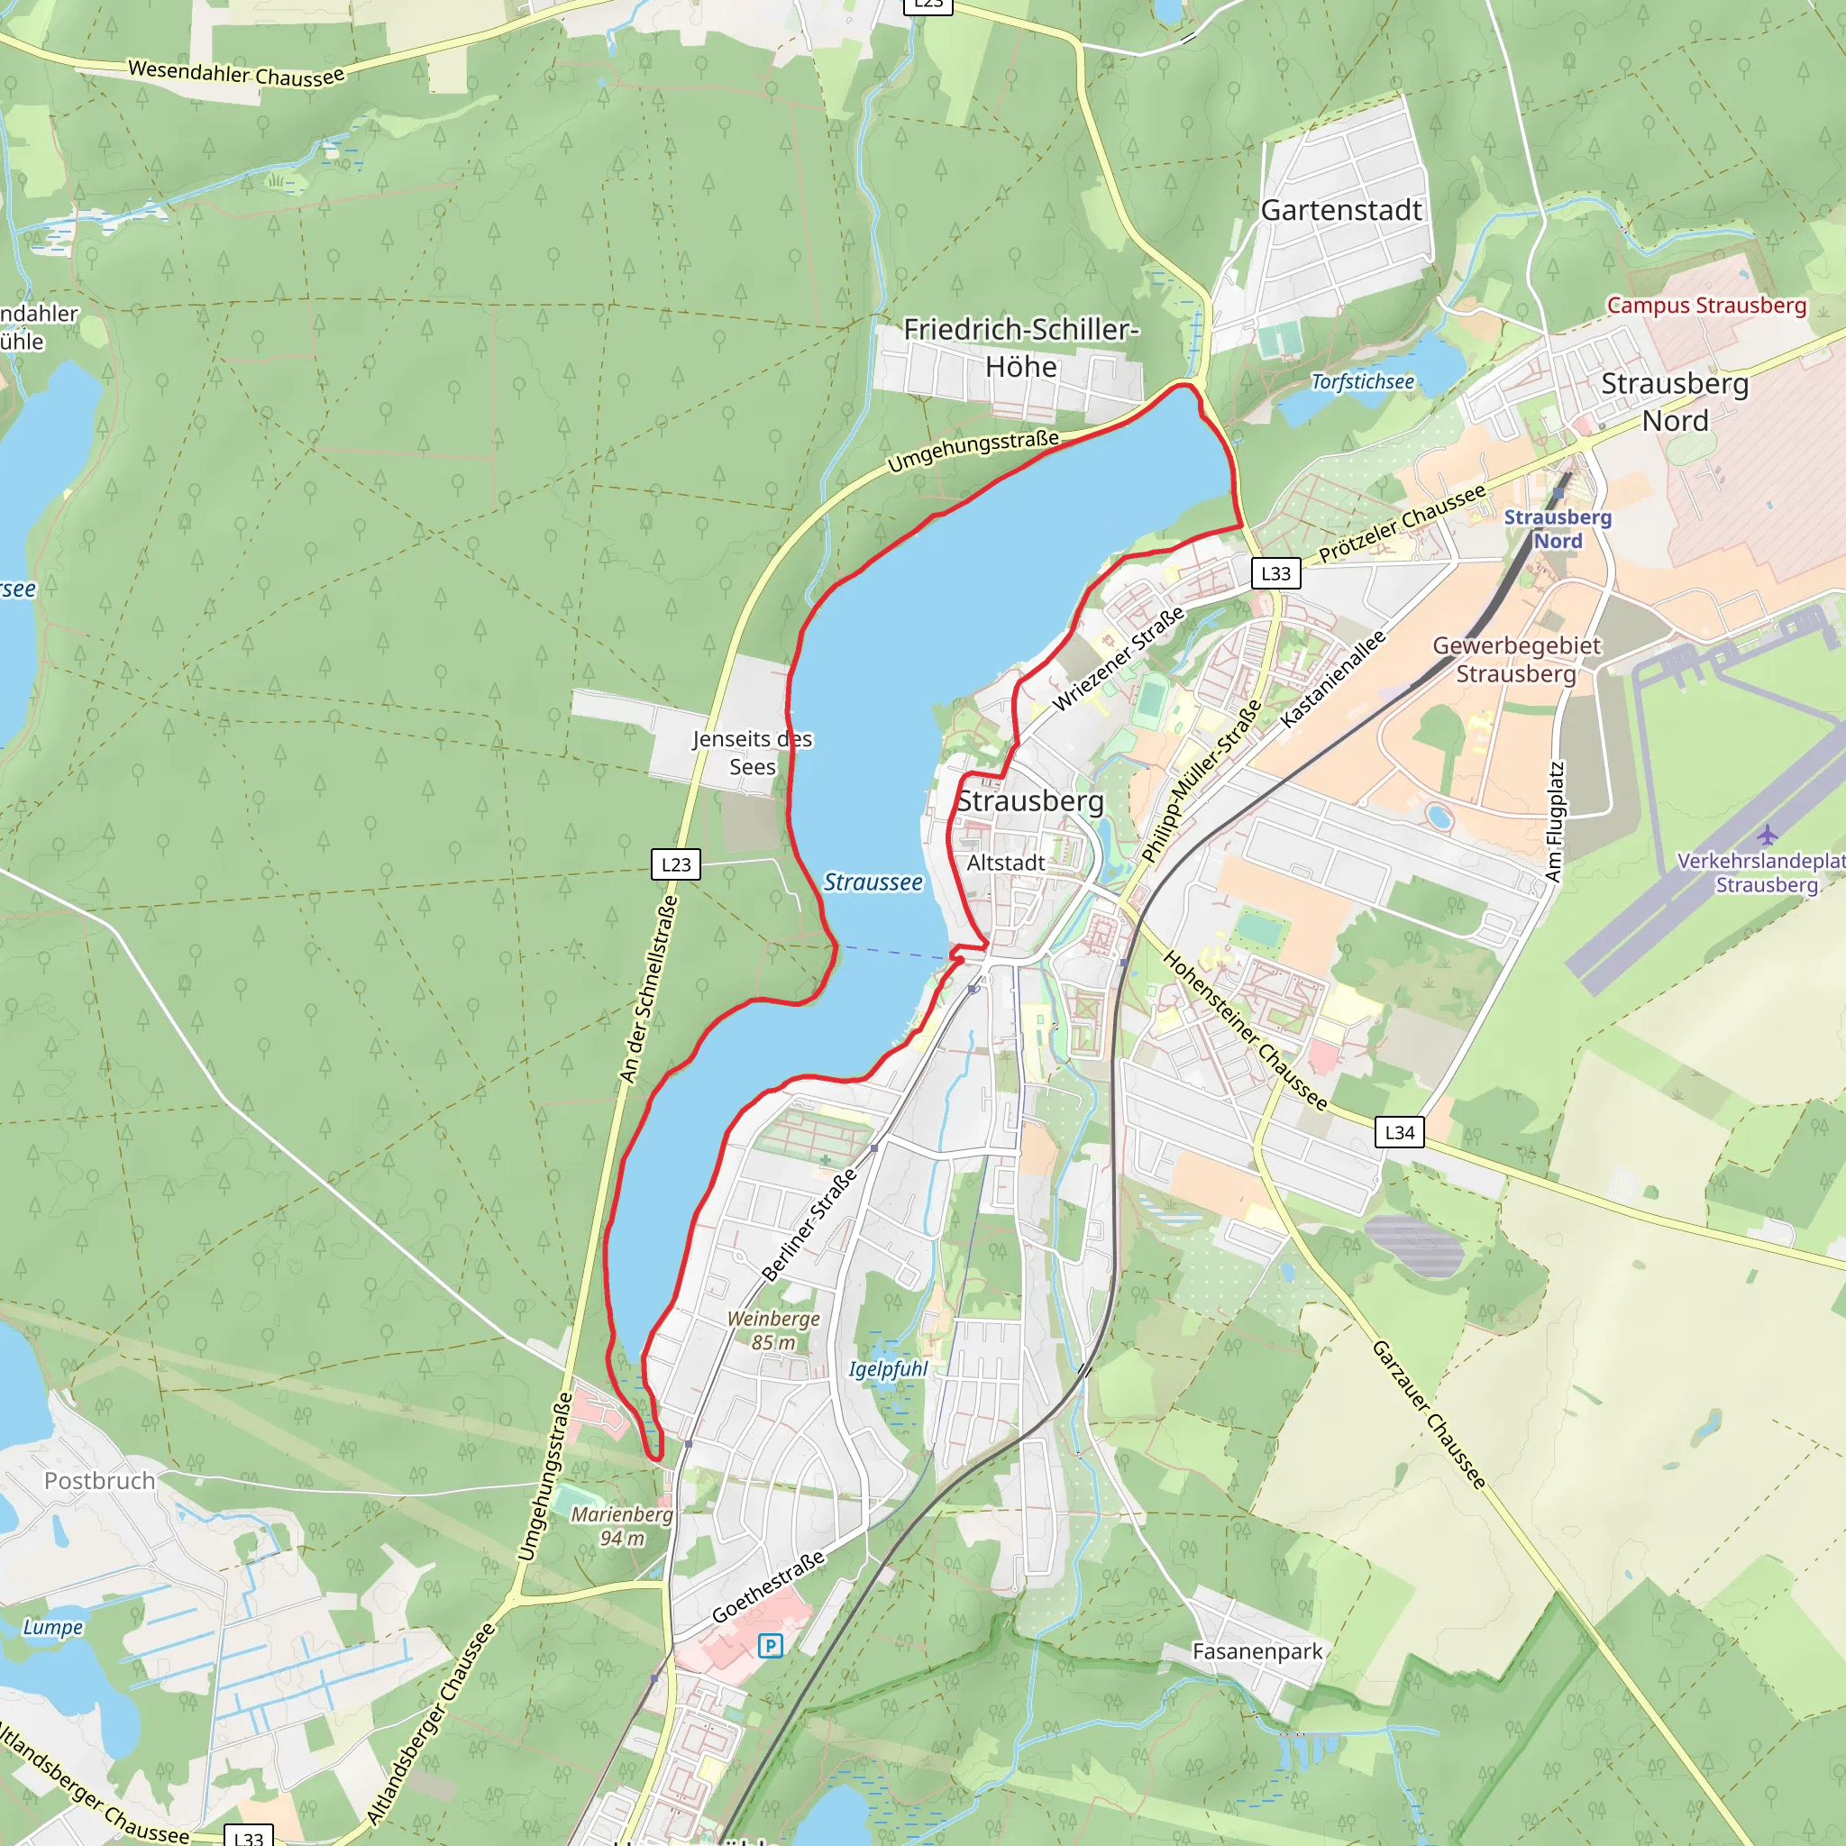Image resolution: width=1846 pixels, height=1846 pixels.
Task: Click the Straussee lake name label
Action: tap(873, 882)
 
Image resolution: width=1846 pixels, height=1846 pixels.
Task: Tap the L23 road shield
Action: tap(675, 864)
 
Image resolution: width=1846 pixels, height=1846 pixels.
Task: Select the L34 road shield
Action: tap(1399, 1132)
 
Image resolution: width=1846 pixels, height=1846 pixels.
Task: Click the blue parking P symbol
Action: tap(770, 1645)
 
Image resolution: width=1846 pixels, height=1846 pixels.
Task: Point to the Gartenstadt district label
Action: tap(1340, 210)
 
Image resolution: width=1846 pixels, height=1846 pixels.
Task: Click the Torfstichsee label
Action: tap(1362, 382)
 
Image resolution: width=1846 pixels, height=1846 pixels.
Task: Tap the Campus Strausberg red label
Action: tap(1705, 306)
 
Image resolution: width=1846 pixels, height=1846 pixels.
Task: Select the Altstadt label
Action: tap(1005, 863)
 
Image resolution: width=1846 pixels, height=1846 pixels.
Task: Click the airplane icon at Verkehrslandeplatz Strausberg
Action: tap(1767, 835)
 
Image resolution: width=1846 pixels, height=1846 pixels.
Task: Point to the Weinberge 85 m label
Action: tap(773, 1330)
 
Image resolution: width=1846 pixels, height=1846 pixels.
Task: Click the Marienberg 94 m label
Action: tap(622, 1526)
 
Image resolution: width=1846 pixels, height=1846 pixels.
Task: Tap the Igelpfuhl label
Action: tap(888, 1369)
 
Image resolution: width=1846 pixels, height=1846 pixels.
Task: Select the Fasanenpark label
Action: tap(1257, 1651)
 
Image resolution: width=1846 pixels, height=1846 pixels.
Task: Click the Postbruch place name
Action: tap(99, 1481)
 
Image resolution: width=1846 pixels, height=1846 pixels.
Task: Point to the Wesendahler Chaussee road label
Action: tap(236, 74)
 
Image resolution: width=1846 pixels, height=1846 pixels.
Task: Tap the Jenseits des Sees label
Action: tap(752, 753)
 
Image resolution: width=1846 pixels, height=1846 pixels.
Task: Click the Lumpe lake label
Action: tap(52, 1627)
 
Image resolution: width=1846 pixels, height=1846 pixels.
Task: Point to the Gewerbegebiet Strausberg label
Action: tap(1515, 659)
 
